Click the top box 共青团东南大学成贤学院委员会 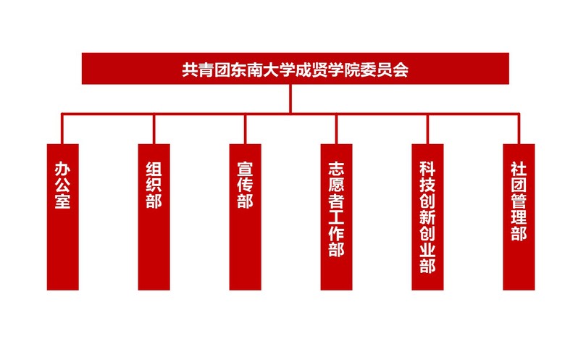[x=296, y=69]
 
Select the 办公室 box [x=63, y=217]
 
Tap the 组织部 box [x=154, y=217]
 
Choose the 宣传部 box [x=245, y=217]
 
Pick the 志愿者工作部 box [x=336, y=217]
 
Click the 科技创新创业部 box [x=427, y=217]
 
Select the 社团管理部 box [x=519, y=217]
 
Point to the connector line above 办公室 [x=62, y=129]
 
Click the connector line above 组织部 [x=154, y=129]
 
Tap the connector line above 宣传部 [x=245, y=129]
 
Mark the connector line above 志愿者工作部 [x=336, y=129]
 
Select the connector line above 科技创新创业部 [x=427, y=129]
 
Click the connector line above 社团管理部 [x=519, y=129]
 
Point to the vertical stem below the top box [x=290, y=99]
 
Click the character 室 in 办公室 [x=63, y=201]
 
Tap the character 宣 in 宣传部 [x=245, y=169]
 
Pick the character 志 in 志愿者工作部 [x=336, y=169]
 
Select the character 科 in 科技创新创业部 [x=427, y=169]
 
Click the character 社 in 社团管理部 [x=519, y=169]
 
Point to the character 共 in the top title [x=190, y=70]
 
